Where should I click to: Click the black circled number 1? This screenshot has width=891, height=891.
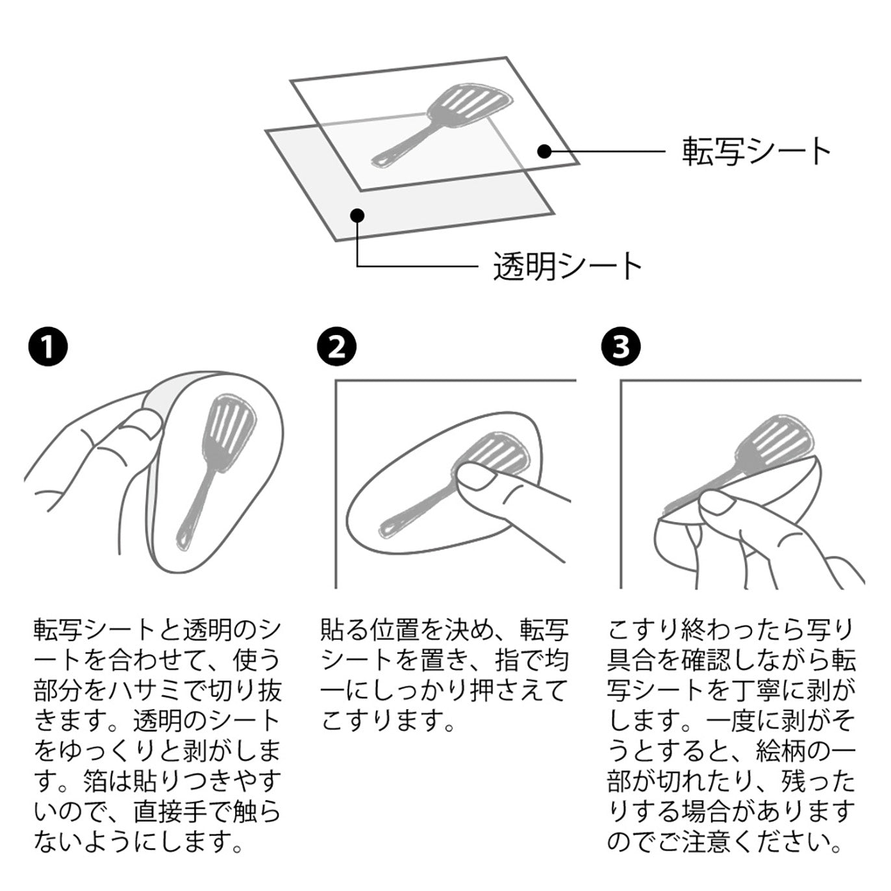tap(47, 346)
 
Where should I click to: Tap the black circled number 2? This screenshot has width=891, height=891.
tap(337, 346)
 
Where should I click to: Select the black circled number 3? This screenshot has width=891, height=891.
tap(621, 346)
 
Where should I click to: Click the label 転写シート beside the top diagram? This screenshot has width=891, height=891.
tap(757, 151)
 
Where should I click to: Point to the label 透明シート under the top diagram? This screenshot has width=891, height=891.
tap(567, 266)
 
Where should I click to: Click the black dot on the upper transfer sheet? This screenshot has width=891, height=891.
tap(546, 151)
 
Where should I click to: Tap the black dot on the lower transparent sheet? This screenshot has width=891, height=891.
tap(357, 216)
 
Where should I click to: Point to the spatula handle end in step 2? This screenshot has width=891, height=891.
tap(388, 529)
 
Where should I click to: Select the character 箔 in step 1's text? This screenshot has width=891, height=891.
tap(95, 781)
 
